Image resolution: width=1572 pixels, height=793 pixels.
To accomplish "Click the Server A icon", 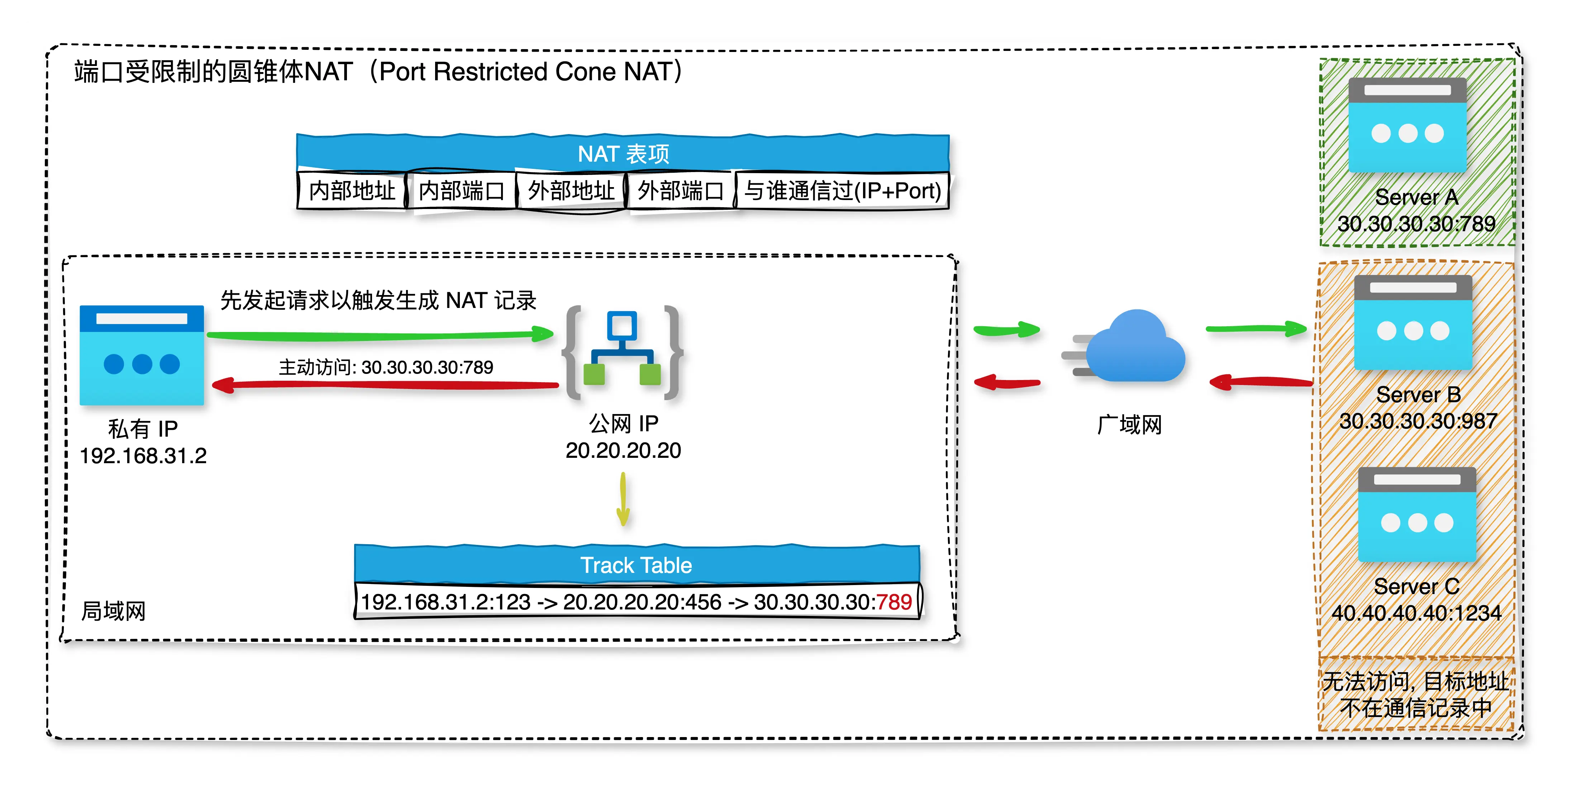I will [x=1407, y=125].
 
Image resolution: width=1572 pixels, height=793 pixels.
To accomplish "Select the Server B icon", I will [x=1413, y=322].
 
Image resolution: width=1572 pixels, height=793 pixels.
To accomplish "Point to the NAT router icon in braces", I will [x=623, y=351].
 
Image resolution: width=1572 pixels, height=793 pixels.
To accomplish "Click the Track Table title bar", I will [x=637, y=565].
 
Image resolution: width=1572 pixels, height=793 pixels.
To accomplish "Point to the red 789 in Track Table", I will [x=894, y=602].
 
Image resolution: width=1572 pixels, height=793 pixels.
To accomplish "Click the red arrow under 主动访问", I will [x=385, y=385].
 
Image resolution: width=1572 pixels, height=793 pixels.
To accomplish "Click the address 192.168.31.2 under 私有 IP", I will [x=143, y=455].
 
